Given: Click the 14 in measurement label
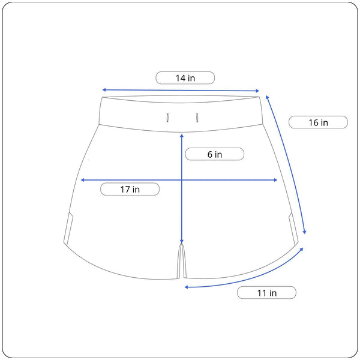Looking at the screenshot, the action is [x=185, y=78].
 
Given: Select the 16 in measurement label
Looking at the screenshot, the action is [x=318, y=122].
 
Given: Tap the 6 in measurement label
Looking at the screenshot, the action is [x=215, y=154].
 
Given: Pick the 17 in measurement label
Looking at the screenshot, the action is [x=130, y=190].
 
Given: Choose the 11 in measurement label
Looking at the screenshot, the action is [x=267, y=293].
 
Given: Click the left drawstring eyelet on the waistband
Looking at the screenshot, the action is [x=167, y=118].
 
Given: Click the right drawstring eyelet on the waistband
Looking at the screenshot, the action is [x=197, y=118].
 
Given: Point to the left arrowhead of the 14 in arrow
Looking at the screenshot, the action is [x=104, y=90].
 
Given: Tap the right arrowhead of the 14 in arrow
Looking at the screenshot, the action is [x=257, y=91].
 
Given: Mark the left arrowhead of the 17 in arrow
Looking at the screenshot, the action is [x=83, y=180].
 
